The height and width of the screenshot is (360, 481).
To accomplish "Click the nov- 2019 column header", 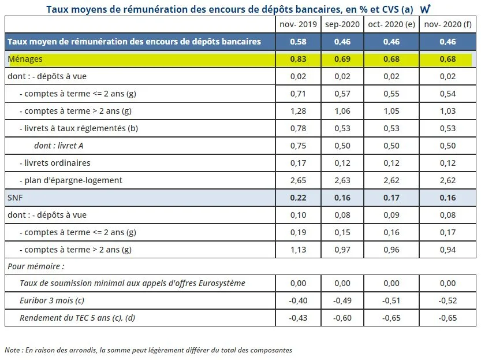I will coord(297,24).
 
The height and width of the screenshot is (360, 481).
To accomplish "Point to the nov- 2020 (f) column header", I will coord(447,24).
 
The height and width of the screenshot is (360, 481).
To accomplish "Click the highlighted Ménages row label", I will coord(25,59).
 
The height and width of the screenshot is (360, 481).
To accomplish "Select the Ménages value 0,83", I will coord(297,59).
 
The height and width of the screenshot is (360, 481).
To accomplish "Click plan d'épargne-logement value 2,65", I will coord(297,180).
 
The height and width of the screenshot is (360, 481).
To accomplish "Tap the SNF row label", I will coord(16,198).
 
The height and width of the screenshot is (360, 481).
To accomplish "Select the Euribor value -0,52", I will coord(447,300).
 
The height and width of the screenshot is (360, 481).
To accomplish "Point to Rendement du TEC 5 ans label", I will coord(77,318).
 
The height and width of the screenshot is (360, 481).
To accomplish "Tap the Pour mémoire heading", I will coord(36,266).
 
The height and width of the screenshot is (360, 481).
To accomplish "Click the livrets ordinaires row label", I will coord(55,163).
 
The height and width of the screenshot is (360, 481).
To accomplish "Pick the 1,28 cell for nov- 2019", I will coord(297,111).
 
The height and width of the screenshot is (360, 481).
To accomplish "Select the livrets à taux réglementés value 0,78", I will coord(297,128).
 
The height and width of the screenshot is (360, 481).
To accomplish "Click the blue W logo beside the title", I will coord(426,9).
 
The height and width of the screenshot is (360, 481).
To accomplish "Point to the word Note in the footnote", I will coord(12,350).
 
